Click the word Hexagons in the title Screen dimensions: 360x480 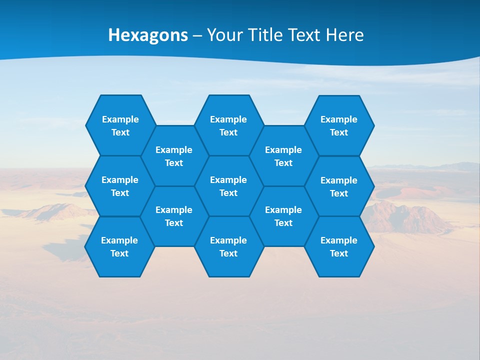click(x=148, y=35)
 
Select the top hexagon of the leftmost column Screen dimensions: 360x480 click(x=120, y=125)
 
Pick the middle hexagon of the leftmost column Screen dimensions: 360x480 click(x=120, y=186)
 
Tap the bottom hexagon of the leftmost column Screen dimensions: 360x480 click(x=119, y=246)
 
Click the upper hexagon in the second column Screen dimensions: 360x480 click(x=174, y=156)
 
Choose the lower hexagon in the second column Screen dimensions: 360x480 click(x=174, y=216)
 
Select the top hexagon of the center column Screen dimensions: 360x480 click(x=228, y=125)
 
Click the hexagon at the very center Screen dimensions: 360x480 click(x=228, y=186)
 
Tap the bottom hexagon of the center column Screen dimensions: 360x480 click(x=228, y=246)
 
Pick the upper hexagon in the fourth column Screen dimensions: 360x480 click(x=283, y=156)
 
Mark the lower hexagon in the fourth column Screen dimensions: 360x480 click(x=283, y=216)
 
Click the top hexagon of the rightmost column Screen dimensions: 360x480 click(x=339, y=125)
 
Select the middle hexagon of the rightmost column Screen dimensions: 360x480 click(x=339, y=186)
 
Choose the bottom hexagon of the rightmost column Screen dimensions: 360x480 click(x=339, y=246)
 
